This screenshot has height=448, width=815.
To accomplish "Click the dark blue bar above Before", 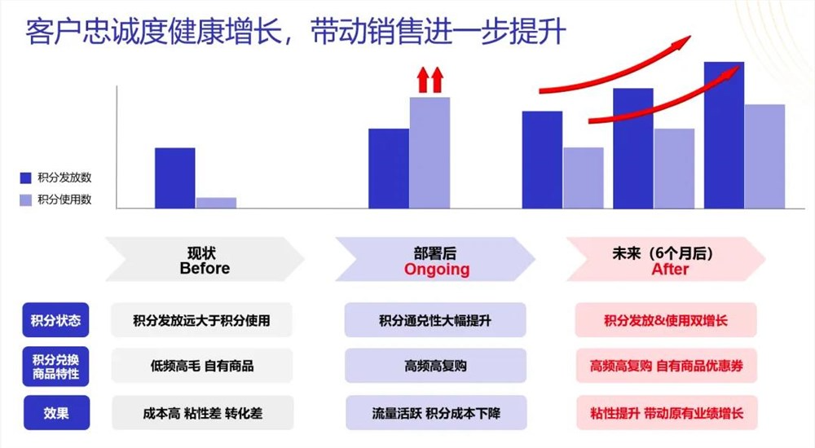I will tap(174, 178).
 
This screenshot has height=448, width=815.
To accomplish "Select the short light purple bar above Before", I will tap(216, 203).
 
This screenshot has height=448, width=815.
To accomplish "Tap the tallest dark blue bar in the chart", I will tap(724, 134).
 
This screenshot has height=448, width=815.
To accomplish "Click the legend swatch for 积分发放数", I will tap(25, 178).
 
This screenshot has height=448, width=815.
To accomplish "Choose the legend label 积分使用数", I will tap(64, 200).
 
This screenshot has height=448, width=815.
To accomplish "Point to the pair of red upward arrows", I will tap(430, 79).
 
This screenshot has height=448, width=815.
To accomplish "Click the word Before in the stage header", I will tap(205, 269).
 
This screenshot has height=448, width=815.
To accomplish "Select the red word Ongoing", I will tap(437, 270).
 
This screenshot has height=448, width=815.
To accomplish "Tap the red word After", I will tap(670, 270).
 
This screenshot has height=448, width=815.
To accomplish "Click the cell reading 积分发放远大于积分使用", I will tap(201, 320).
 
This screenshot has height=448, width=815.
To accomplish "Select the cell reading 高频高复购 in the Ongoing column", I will tap(435, 366).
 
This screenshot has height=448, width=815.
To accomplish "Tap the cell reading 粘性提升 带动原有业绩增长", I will tap(666, 413).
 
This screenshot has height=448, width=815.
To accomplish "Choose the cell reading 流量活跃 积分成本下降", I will tap(435, 413).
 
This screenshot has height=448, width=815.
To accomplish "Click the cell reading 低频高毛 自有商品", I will tap(201, 366).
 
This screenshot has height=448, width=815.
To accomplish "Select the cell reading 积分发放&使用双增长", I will tap(666, 320).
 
